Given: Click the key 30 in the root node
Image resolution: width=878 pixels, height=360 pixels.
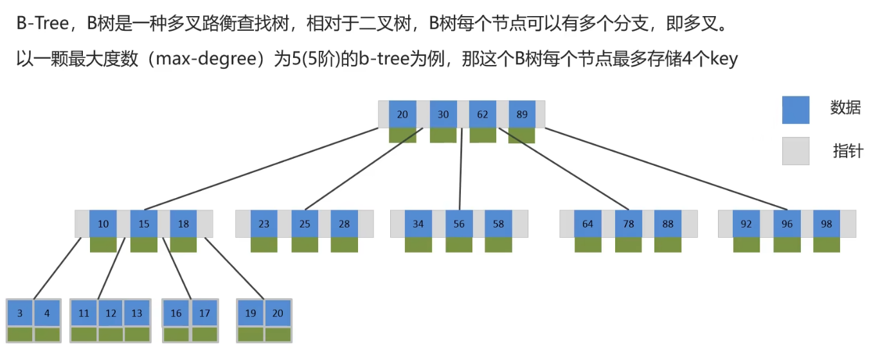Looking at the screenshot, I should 443,114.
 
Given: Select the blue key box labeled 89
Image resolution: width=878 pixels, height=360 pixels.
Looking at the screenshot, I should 521,114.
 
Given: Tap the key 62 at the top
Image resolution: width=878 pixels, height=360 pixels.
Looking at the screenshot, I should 482,114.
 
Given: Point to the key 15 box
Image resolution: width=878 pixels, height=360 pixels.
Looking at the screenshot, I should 144,224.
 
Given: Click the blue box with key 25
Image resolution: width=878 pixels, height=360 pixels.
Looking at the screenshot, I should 305,224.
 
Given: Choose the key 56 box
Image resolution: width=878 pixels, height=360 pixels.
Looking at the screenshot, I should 459,224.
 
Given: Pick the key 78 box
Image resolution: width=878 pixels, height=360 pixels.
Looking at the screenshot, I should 628,224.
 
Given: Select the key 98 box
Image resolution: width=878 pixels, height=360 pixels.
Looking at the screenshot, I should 826,224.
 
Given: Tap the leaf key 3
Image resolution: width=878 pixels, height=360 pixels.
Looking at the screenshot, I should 20,314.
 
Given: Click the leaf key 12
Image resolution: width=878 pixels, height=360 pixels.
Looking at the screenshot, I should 111,314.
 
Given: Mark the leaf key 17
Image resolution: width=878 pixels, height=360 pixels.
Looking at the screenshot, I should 204,314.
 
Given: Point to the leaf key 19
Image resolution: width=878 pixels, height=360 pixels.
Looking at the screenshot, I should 251,314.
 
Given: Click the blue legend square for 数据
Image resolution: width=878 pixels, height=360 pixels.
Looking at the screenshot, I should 795,110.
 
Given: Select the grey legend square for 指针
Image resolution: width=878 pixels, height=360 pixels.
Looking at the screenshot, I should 795,151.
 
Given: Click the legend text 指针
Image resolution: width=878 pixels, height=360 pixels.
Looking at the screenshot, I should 848,152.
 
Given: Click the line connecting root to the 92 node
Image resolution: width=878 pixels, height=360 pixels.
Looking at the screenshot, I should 662,169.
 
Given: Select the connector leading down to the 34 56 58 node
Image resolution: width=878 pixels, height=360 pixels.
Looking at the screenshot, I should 460,174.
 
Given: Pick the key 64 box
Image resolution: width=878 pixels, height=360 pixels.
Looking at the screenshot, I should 587,224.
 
